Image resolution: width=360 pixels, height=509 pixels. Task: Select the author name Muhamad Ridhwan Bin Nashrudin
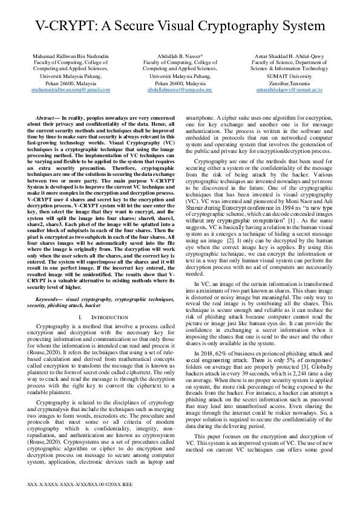[x=70, y=56]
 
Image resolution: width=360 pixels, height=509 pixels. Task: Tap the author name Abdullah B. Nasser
[x=180, y=56]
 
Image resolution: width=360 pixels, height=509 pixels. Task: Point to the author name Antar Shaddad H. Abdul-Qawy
[x=289, y=56]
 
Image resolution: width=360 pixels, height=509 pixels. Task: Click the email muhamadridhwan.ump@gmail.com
[x=70, y=89]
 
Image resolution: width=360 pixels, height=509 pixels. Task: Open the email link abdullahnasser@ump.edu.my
[x=180, y=89]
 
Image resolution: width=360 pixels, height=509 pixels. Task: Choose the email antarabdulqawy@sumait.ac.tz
[x=289, y=89]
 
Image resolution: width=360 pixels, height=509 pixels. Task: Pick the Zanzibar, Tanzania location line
[x=289, y=83]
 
